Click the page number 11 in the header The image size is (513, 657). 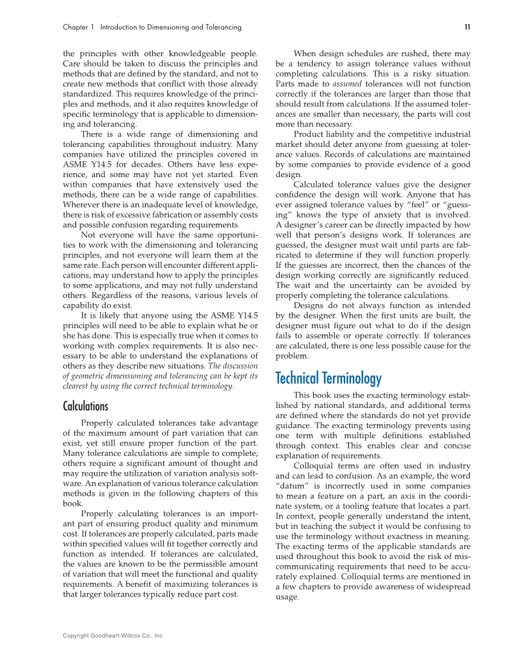(x=467, y=27)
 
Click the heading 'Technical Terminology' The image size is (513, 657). (x=328, y=379)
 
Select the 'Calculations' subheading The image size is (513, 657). (x=86, y=406)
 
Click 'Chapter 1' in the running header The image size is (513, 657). (x=79, y=27)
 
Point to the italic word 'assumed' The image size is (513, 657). (x=345, y=83)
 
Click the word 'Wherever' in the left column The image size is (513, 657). (x=81, y=204)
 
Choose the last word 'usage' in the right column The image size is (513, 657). (x=286, y=597)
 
